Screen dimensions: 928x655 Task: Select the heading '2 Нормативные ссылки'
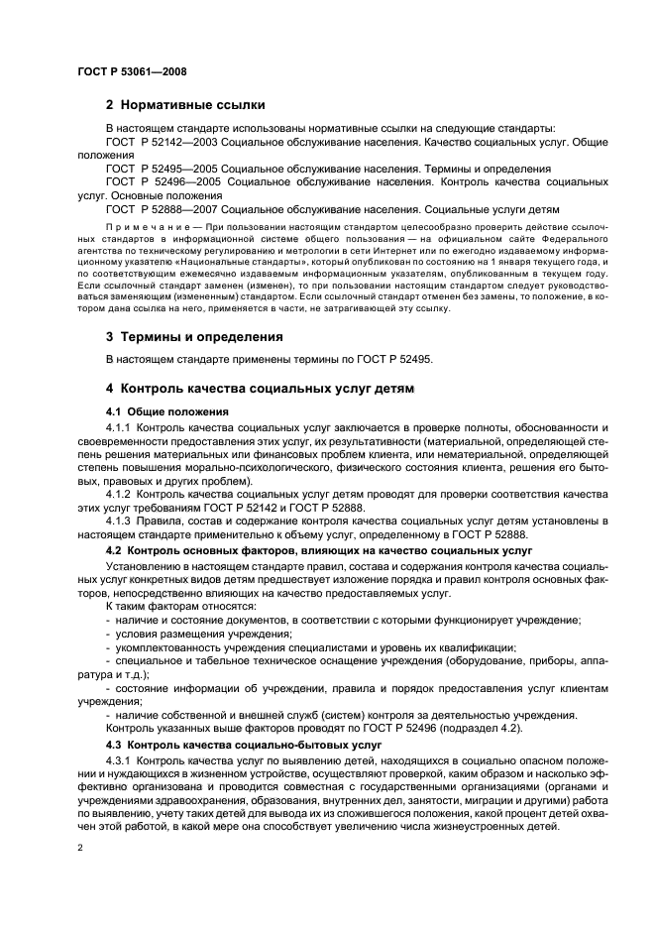[185, 105]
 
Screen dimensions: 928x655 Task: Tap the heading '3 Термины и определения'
[193, 336]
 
